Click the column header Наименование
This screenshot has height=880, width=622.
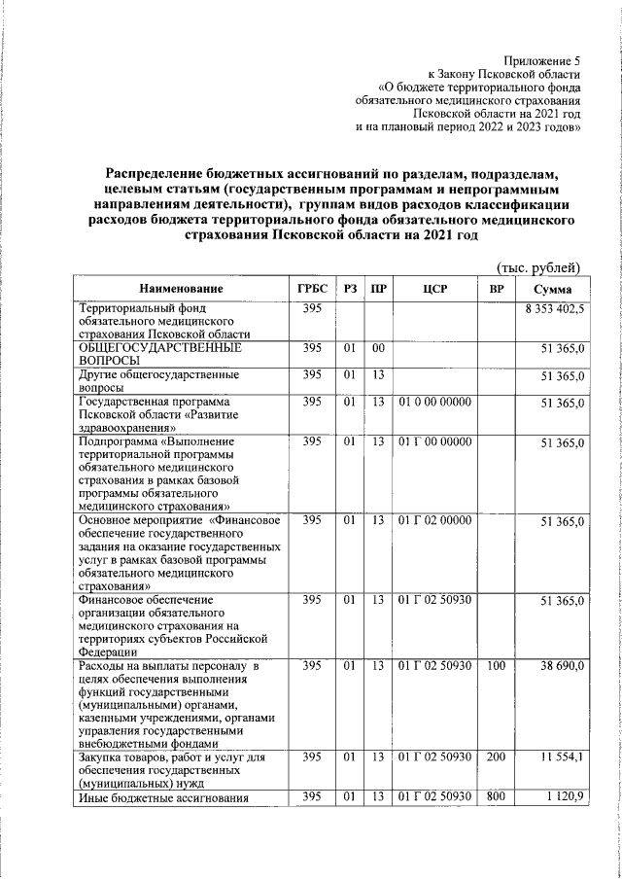181,289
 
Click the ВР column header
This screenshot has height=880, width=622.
496,289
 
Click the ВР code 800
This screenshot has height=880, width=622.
496,798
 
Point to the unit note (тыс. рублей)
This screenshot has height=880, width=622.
537,267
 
